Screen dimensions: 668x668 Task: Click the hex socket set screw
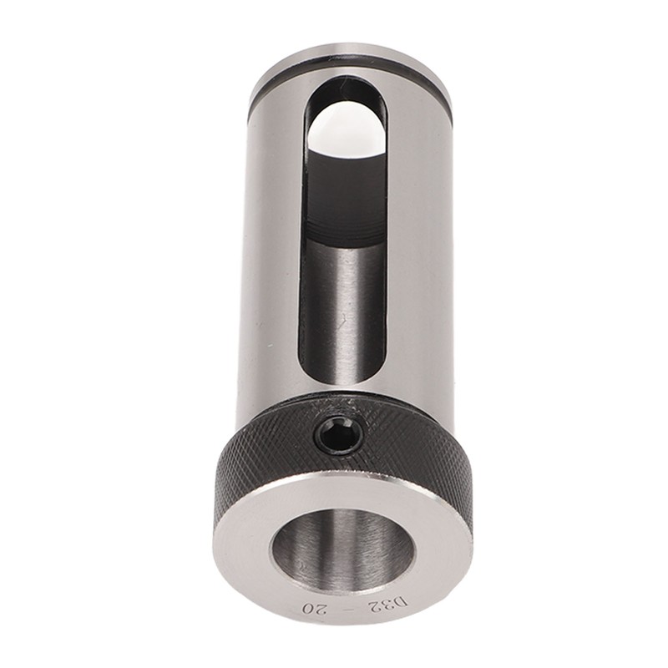coord(339,435)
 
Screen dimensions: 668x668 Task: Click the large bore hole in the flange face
coord(343,548)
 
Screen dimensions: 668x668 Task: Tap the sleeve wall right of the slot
coord(417,250)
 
